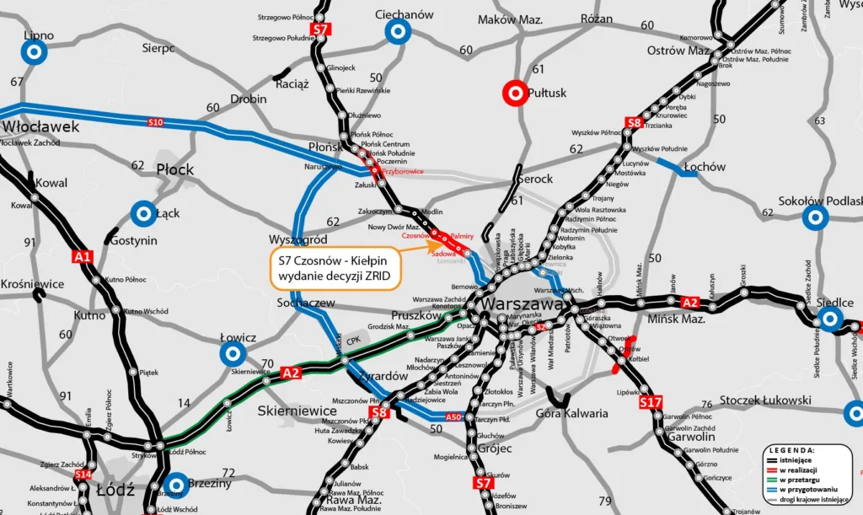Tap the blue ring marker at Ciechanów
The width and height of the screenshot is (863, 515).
tap(398, 33)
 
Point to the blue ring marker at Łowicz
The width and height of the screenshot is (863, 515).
tap(232, 355)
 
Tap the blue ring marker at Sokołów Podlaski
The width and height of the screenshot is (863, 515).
tap(814, 218)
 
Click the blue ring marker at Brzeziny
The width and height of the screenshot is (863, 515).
tap(176, 485)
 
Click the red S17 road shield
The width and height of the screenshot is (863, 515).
tap(651, 403)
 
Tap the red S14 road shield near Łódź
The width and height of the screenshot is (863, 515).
tap(82, 475)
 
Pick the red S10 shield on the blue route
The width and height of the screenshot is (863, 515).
tap(155, 123)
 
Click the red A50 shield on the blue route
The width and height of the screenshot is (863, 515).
tap(453, 416)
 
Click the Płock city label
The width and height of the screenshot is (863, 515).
tap(175, 169)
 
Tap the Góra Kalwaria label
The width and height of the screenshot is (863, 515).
tap(572, 413)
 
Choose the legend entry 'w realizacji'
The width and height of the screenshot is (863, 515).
tap(798, 469)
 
